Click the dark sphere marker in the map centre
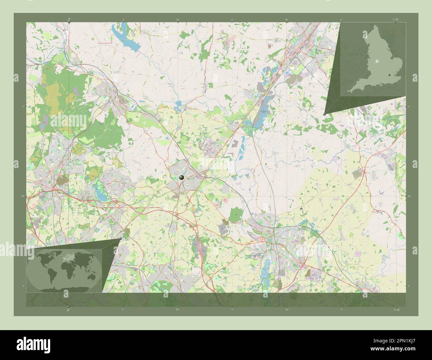click(x=181, y=178)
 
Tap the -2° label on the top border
click(x=68, y=19)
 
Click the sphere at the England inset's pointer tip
click(x=325, y=114)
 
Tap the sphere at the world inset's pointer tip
click(x=120, y=238)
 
